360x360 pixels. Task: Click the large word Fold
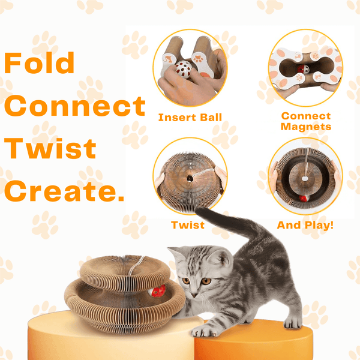(x=39, y=62)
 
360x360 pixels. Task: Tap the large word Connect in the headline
(x=75, y=106)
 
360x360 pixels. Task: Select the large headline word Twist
(x=50, y=148)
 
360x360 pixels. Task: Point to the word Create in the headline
(x=62, y=191)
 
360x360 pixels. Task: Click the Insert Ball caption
(x=190, y=118)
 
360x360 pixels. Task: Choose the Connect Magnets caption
(x=306, y=121)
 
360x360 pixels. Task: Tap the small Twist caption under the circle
(x=188, y=225)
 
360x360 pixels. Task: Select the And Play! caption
(x=305, y=225)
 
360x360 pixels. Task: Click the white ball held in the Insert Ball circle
(x=184, y=70)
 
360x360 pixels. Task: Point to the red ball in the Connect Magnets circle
(x=303, y=70)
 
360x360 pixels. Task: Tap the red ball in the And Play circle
(x=304, y=198)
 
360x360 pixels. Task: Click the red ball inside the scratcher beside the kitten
(x=157, y=290)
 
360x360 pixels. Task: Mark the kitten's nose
(x=194, y=295)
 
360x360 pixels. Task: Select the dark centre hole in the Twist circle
(x=190, y=178)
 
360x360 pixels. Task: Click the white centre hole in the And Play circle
(x=305, y=178)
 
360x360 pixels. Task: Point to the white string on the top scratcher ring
(x=136, y=266)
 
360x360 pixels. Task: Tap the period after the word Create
(x=121, y=199)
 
